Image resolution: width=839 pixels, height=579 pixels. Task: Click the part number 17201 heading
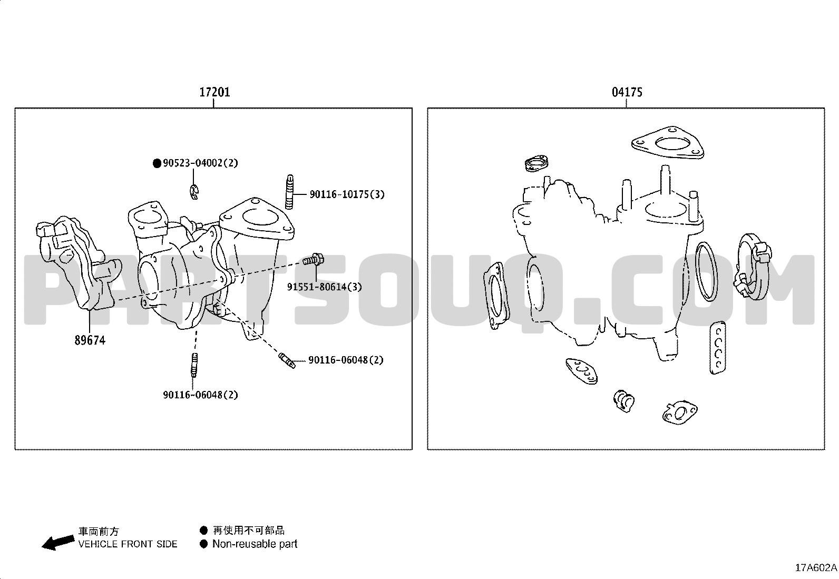tap(214, 92)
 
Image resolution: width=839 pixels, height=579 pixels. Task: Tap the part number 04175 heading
tap(627, 92)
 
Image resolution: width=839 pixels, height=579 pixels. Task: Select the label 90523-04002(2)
tap(200, 163)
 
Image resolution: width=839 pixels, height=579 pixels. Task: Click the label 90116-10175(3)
tap(347, 194)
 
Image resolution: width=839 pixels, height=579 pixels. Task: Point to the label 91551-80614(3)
tap(324, 287)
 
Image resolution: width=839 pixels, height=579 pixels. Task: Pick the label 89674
tap(90, 340)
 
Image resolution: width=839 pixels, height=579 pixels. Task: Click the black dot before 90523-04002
tap(157, 163)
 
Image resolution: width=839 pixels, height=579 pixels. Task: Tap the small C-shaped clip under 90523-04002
tap(193, 192)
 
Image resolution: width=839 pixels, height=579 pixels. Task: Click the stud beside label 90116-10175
tap(289, 192)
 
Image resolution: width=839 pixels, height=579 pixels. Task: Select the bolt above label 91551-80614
tap(314, 259)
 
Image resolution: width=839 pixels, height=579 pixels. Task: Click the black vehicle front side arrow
tap(58, 542)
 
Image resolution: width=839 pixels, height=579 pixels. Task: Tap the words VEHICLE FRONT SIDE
tap(128, 544)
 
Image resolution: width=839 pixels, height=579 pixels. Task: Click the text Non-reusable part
tap(255, 544)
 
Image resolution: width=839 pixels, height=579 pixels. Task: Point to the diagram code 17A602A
tap(816, 568)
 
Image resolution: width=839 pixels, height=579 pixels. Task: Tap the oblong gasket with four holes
tap(718, 348)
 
